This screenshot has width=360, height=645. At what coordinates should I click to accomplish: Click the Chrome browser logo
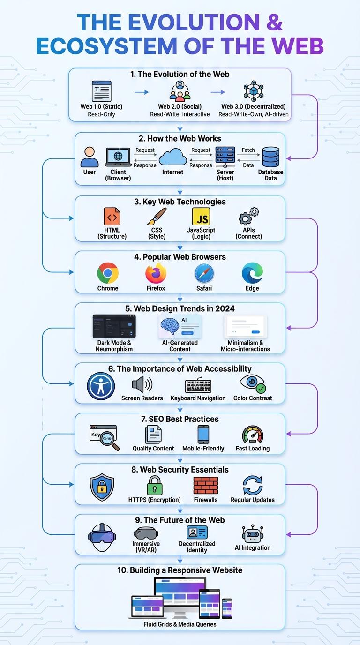[108, 273]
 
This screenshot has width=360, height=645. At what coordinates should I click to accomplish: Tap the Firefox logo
[156, 273]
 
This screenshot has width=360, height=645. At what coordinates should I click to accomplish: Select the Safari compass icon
[204, 273]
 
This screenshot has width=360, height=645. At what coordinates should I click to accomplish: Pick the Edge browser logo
[252, 273]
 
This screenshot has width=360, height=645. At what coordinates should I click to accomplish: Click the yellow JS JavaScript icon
[201, 217]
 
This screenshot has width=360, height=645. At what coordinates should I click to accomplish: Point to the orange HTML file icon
[112, 217]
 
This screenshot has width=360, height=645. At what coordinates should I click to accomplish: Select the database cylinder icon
[270, 157]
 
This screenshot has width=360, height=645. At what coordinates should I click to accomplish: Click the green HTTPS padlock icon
[155, 486]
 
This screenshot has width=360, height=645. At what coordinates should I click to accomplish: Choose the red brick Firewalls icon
[206, 485]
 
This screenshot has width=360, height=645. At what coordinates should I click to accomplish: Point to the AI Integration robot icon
[253, 534]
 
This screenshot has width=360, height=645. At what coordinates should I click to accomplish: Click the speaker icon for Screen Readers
[142, 385]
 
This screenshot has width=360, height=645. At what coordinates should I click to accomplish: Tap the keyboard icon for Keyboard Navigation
[198, 385]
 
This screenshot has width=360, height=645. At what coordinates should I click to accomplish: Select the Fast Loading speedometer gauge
[253, 435]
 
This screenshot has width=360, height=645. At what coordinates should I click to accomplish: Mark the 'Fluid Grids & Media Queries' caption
[180, 624]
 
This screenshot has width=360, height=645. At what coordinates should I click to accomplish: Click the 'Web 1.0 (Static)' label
[101, 106]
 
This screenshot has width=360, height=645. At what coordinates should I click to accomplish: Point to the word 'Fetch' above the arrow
[248, 150]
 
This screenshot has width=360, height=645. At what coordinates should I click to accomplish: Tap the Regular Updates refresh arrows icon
[253, 486]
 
